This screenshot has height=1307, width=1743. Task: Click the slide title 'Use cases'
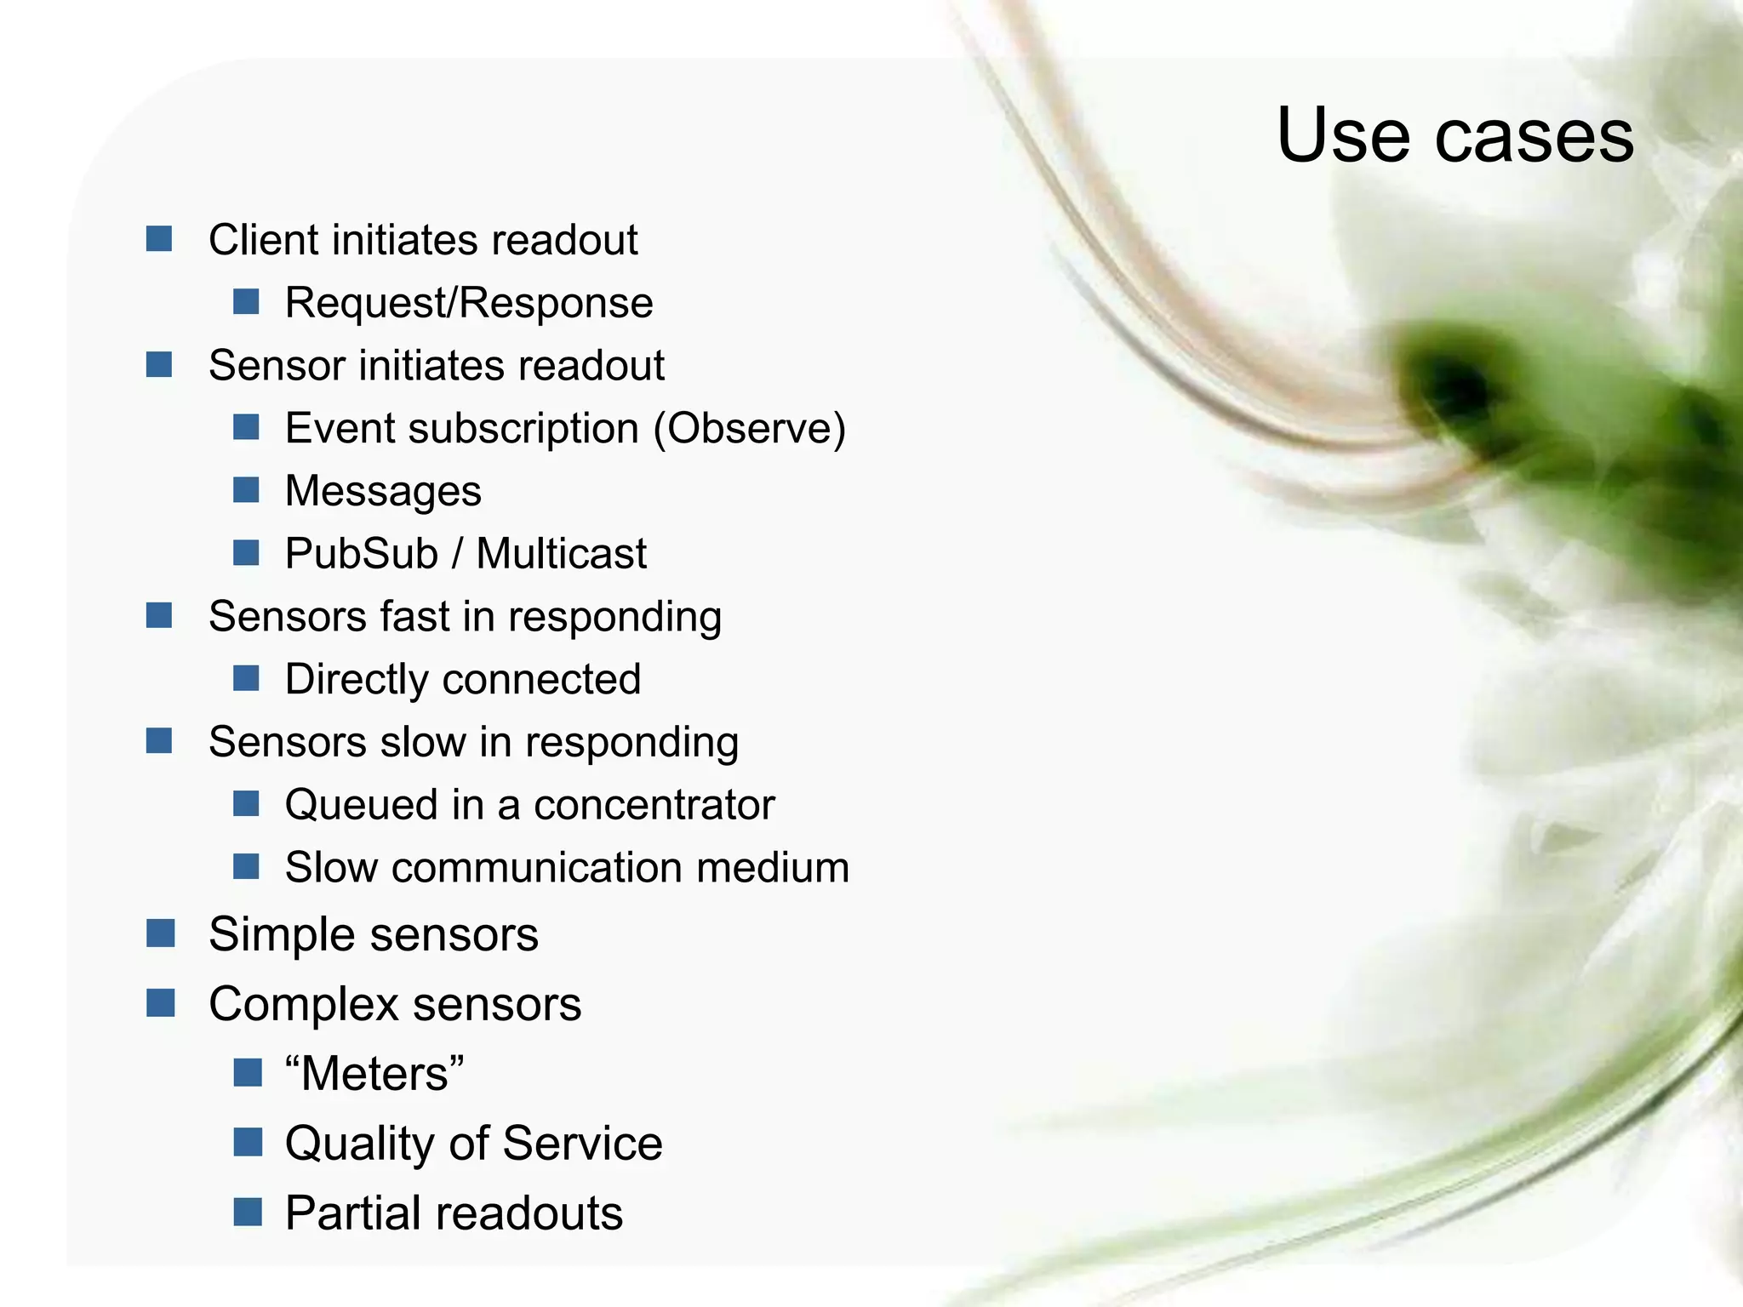(1454, 136)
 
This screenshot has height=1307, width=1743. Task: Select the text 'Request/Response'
(469, 303)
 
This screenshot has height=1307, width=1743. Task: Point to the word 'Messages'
(383, 491)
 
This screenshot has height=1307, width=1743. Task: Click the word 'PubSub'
(361, 554)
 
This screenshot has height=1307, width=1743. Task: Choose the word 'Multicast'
(561, 554)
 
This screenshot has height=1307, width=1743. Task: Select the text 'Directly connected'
(463, 679)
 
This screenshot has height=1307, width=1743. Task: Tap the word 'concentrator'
(654, 805)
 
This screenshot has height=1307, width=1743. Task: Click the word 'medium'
(772, 868)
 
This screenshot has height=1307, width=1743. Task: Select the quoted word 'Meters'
(374, 1074)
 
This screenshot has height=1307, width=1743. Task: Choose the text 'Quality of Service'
(473, 1144)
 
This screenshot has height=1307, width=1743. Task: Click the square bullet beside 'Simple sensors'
(160, 933)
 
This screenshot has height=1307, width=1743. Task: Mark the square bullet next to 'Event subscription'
(246, 426)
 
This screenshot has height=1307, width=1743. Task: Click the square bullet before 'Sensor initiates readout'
(159, 364)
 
